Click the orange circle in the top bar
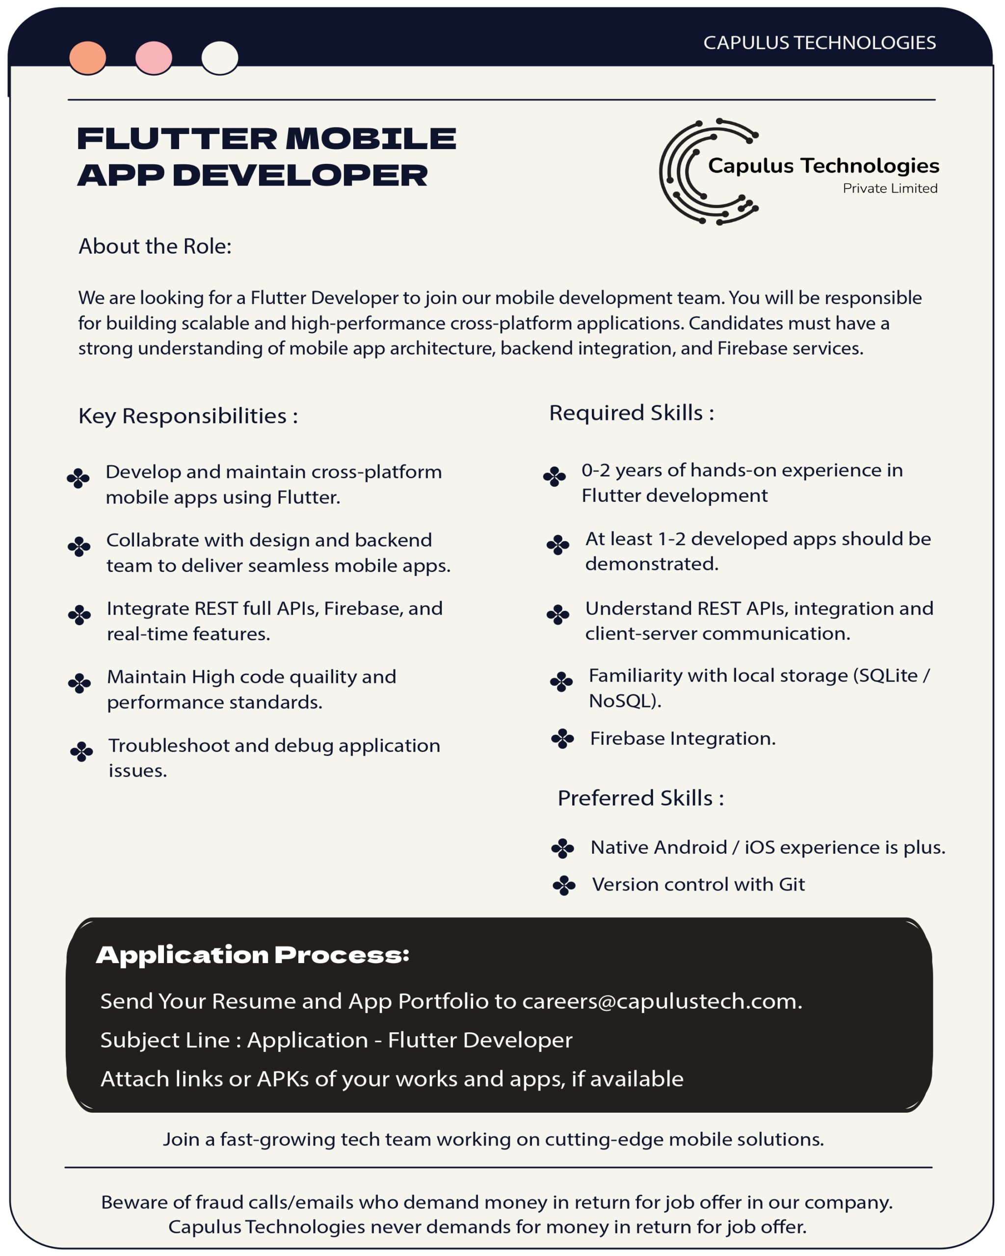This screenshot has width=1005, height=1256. (x=87, y=58)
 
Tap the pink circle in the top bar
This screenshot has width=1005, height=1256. (x=153, y=58)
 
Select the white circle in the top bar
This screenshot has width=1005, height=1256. (x=220, y=58)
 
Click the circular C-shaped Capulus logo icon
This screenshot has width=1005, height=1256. (x=699, y=171)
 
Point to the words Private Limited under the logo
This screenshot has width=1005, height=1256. (x=890, y=188)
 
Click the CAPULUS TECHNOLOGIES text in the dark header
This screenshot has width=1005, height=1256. (x=819, y=43)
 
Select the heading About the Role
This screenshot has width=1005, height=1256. (x=155, y=246)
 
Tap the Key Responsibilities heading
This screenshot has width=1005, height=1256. (x=187, y=416)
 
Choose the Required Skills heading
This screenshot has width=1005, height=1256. (x=632, y=413)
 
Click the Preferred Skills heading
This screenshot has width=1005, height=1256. (x=640, y=798)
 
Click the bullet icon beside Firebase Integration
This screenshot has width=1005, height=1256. (x=562, y=739)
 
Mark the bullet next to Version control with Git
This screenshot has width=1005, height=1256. (x=563, y=885)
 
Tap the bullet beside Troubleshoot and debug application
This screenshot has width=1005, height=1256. (x=81, y=752)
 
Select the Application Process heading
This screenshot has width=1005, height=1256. (x=252, y=954)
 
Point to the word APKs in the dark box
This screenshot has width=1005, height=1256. (x=283, y=1079)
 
